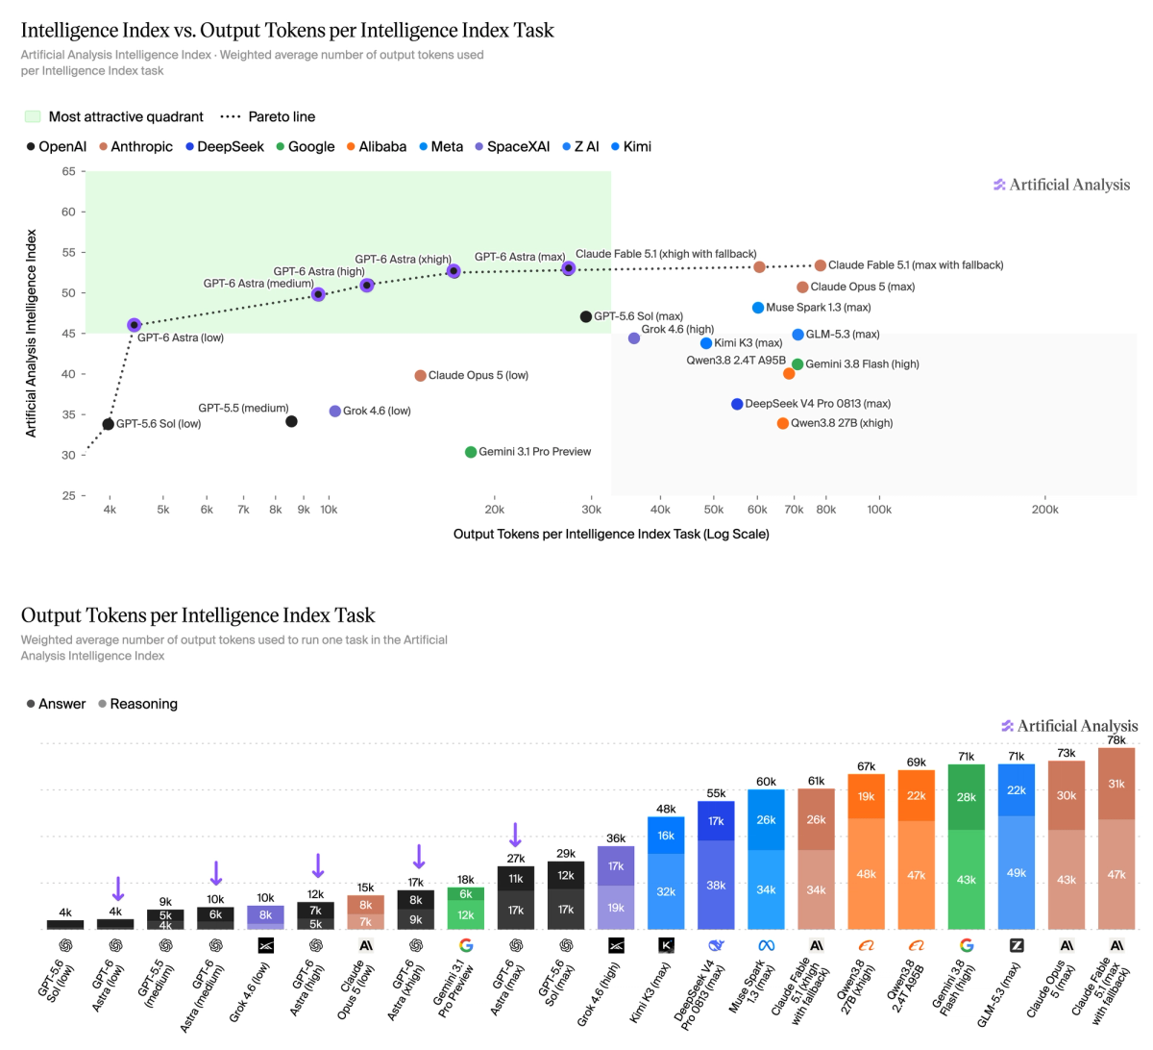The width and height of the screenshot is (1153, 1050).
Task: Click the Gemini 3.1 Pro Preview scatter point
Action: point(470,452)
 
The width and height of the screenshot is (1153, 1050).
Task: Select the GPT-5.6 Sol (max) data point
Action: point(586,316)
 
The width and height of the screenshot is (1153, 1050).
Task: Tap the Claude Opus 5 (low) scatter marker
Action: point(420,376)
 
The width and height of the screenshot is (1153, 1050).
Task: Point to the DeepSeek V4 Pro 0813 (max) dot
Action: point(737,404)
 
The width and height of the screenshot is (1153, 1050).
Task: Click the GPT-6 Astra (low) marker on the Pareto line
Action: point(134,325)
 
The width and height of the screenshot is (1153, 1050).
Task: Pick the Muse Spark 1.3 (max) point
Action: point(757,308)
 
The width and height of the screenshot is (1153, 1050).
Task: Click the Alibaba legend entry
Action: point(377,147)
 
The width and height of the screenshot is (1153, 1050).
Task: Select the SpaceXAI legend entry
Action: point(512,147)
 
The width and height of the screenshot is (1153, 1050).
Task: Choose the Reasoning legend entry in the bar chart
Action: point(138,704)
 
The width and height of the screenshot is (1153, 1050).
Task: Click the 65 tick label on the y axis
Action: point(68,171)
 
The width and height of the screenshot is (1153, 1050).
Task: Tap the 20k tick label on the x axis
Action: point(494,510)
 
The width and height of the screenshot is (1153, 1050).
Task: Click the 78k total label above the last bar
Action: point(1116,739)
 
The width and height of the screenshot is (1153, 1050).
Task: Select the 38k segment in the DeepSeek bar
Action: point(716,885)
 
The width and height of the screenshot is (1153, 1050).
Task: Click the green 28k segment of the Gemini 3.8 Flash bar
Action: point(966,797)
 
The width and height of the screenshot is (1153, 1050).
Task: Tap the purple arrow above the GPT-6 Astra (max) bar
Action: point(516,835)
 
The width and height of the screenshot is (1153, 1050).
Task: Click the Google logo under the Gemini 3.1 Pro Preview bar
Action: point(466,945)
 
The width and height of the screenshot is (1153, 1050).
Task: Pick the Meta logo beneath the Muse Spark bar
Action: point(766,945)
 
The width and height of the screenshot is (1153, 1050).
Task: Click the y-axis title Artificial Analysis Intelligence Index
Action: point(31,333)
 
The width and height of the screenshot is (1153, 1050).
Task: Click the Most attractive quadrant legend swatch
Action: point(33,116)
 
